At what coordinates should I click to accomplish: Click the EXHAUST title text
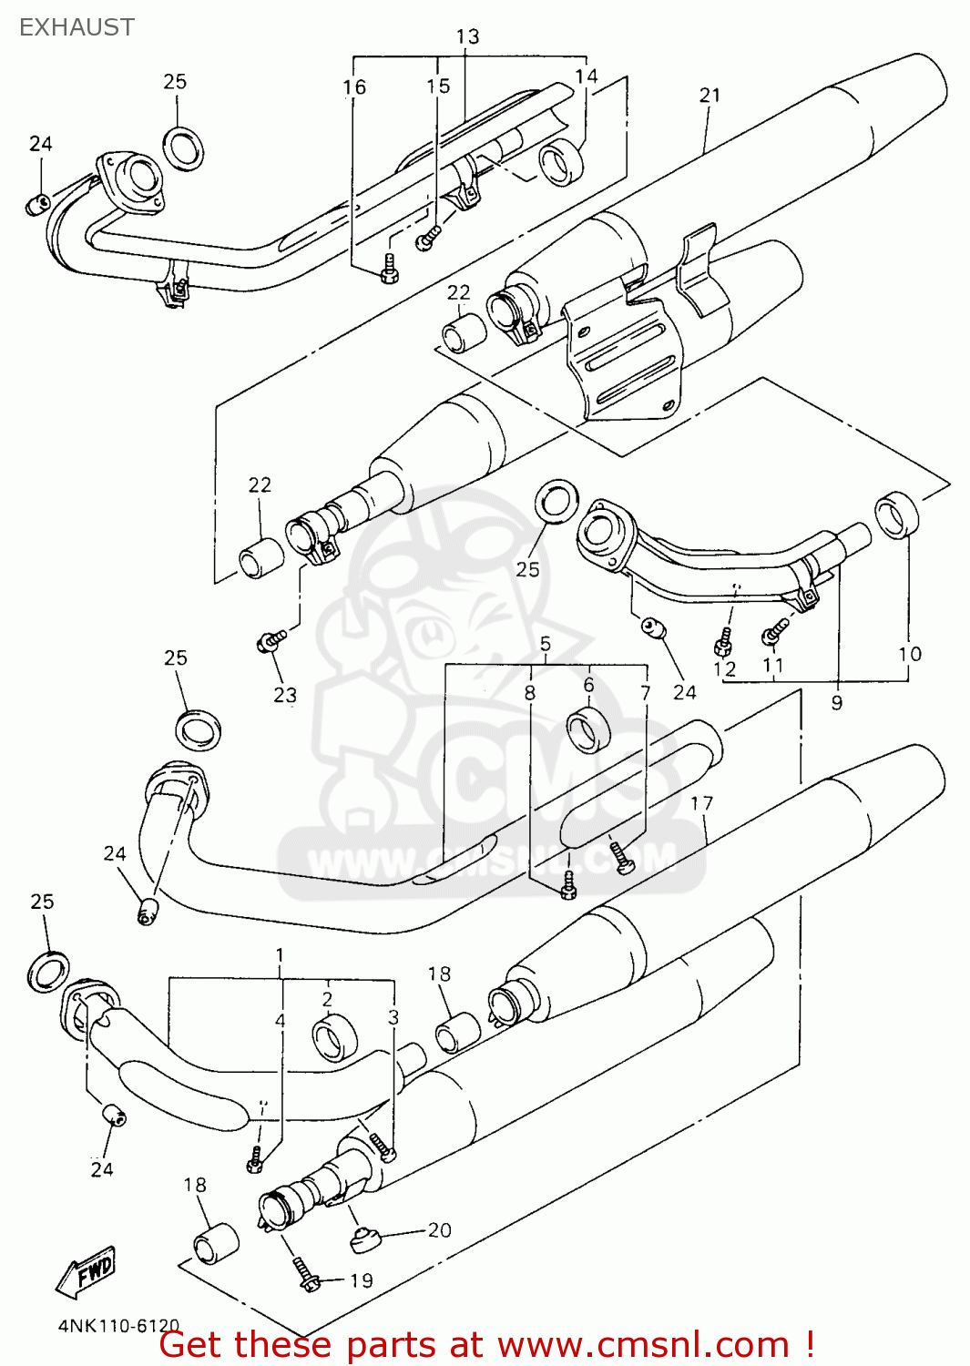[77, 27]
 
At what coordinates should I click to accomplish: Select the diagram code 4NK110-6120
[118, 1326]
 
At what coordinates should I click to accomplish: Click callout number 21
[710, 95]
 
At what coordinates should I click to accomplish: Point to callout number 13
[467, 36]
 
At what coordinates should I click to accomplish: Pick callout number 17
[701, 803]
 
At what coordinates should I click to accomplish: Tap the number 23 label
[285, 695]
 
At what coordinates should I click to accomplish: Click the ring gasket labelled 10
[897, 515]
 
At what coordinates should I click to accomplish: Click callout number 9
[837, 702]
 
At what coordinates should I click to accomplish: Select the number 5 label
[545, 644]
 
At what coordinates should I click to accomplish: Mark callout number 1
[280, 955]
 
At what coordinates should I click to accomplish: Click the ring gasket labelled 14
[560, 162]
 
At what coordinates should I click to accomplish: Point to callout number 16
[354, 87]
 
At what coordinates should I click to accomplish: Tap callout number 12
[724, 669]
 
